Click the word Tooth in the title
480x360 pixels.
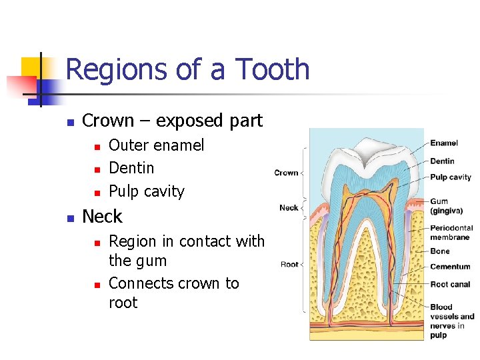click(273, 69)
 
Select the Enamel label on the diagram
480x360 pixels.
click(443, 143)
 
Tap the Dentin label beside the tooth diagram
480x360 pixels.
click(442, 161)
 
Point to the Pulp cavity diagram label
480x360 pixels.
click(450, 177)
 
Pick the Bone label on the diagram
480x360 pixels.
click(439, 251)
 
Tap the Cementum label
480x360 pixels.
click(450, 267)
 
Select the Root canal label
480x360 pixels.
click(450, 284)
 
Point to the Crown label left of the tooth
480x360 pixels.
click(286, 173)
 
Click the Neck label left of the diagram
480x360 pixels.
click(289, 207)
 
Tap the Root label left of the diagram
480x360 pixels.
click(289, 265)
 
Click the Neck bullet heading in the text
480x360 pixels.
click(102, 217)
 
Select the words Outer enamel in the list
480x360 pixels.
click(156, 145)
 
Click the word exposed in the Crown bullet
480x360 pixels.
click(182, 121)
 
